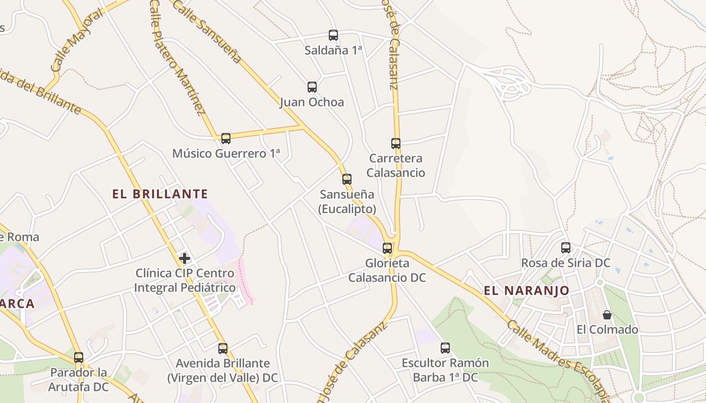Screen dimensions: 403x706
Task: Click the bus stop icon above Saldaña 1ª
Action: [333, 35]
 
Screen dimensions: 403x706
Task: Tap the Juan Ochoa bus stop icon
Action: [312, 87]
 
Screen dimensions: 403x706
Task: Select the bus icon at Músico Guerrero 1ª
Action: [226, 139]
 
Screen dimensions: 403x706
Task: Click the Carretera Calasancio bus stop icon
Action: [396, 144]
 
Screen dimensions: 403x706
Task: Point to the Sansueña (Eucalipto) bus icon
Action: [347, 179]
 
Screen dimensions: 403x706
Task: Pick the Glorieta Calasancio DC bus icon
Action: [387, 248]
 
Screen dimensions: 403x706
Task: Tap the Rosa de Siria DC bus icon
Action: [566, 248]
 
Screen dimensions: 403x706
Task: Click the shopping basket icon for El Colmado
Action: [607, 315]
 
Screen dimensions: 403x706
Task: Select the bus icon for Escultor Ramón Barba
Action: [445, 348]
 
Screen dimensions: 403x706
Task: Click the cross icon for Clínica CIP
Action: [185, 258]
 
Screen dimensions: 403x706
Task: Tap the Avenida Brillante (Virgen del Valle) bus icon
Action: [223, 348]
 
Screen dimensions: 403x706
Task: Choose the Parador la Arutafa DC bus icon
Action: [79, 358]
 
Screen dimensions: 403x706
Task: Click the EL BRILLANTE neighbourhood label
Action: [160, 194]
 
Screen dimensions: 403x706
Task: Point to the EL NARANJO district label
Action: [526, 291]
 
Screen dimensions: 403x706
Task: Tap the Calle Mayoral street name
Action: [77, 40]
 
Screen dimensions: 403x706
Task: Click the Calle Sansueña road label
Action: [207, 30]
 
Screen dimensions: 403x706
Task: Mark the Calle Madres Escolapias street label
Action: [560, 360]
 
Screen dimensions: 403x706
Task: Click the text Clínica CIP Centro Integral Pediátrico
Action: [185, 281]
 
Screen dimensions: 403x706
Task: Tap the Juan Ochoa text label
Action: [312, 102]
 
